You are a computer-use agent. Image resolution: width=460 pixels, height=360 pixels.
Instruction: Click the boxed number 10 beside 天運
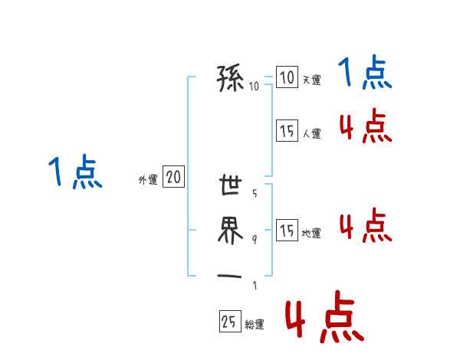tap(287, 77)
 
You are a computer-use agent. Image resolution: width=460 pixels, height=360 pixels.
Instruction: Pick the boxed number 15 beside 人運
tap(287, 131)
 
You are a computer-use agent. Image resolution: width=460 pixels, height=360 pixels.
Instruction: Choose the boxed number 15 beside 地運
tap(287, 231)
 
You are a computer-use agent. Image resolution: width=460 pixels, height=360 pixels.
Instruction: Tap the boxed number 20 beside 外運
tap(173, 178)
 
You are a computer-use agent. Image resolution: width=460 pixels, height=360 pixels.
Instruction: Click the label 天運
tap(311, 80)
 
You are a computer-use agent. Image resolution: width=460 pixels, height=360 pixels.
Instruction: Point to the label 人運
tap(311, 133)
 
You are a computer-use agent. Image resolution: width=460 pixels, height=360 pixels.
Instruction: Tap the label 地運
tap(311, 234)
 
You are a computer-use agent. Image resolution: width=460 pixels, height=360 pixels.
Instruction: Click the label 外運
tap(147, 180)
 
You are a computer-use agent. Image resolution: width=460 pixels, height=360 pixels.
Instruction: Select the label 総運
tap(255, 324)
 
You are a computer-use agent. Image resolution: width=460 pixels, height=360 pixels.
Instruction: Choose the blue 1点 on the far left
tap(74, 172)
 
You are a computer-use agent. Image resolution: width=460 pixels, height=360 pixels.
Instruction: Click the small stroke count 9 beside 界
tap(255, 239)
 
